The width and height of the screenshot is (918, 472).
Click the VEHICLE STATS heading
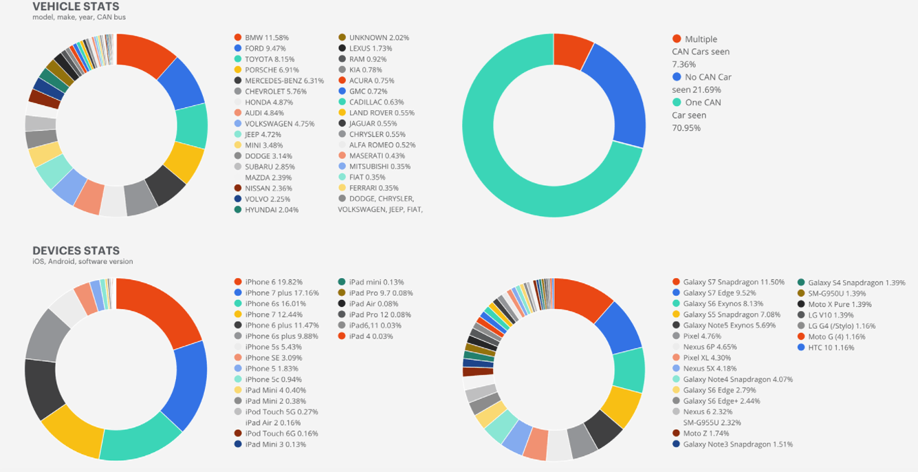(x=76, y=6)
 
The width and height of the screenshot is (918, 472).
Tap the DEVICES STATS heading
(x=76, y=251)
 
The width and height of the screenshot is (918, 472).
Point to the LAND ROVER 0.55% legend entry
(x=382, y=113)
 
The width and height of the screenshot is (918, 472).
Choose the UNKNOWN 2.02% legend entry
(x=379, y=37)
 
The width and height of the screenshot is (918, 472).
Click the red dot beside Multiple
(x=677, y=39)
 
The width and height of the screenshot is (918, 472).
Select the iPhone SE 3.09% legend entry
(x=273, y=358)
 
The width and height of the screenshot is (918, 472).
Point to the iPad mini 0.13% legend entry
(x=376, y=282)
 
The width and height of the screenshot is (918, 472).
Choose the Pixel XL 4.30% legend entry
(x=707, y=358)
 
